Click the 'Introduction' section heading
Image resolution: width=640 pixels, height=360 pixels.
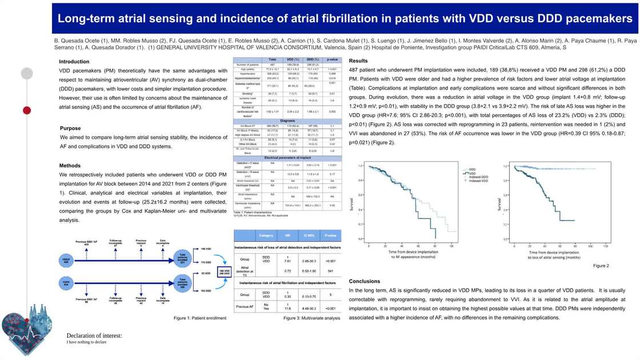(x=74, y=62)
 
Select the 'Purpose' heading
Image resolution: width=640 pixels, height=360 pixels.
(x=70, y=129)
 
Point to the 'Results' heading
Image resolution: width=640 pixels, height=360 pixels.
(x=358, y=61)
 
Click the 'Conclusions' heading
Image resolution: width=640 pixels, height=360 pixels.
(x=364, y=281)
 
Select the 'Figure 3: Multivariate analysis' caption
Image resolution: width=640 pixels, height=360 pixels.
(x=312, y=318)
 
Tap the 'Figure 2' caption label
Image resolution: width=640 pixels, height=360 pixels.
(x=601, y=266)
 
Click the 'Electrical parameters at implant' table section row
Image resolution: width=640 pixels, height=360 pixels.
(x=287, y=157)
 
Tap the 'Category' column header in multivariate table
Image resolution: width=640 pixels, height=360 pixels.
(x=266, y=235)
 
